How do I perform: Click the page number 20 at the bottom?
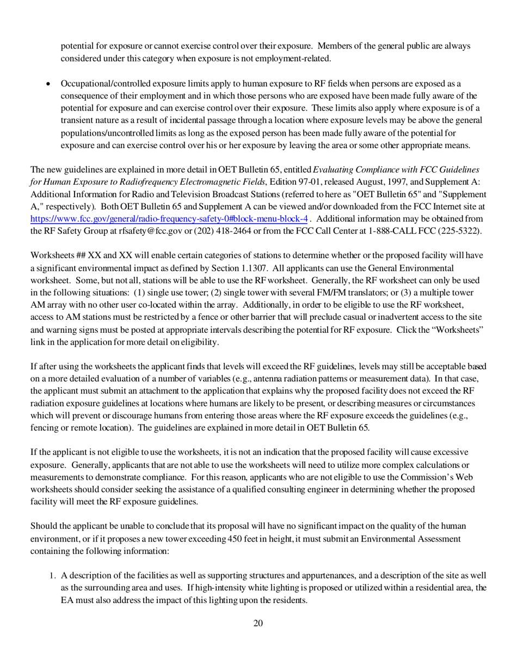[258, 623]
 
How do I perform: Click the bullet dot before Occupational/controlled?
[48, 84]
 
